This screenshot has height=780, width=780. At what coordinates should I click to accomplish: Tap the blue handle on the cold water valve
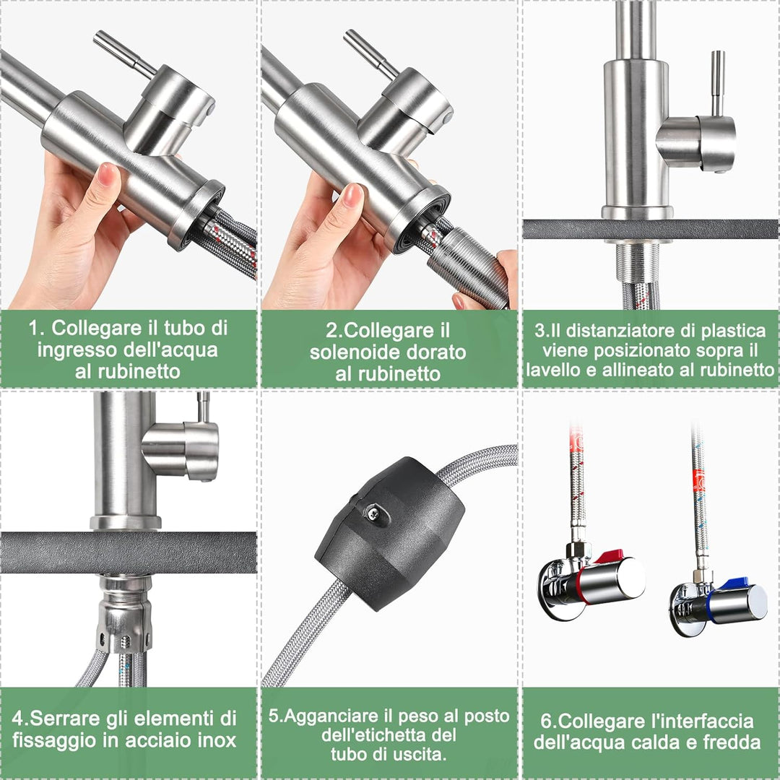point(734,584)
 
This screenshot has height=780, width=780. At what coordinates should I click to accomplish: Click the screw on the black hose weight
point(373,513)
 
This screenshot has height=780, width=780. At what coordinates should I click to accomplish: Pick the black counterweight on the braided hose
point(391,533)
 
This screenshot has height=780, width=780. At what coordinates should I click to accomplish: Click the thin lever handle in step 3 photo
point(717,83)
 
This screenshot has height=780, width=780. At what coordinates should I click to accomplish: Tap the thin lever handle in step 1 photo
point(124,53)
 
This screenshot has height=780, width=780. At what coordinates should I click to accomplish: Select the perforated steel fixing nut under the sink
point(124,614)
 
